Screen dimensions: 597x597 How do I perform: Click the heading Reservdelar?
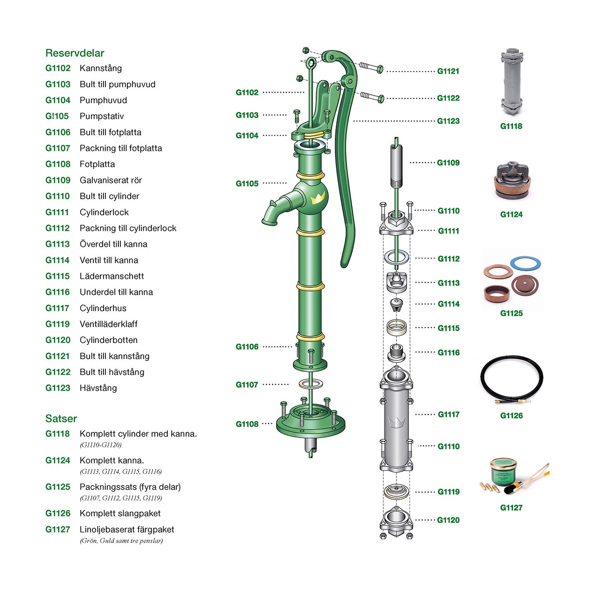75,53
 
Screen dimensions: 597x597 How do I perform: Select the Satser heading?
61,418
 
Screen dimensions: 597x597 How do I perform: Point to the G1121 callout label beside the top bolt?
448,71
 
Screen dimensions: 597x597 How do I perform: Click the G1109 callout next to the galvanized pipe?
448,163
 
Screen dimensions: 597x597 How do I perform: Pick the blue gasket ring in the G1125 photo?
526,263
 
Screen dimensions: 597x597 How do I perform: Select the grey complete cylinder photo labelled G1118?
512,82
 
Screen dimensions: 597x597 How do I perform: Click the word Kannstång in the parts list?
101,69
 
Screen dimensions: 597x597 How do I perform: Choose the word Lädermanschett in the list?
112,276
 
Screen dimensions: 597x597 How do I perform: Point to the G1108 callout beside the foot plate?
247,424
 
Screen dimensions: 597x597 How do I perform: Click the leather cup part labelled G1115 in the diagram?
396,327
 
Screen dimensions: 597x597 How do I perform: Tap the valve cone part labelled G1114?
396,305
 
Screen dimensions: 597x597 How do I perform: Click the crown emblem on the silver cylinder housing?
396,423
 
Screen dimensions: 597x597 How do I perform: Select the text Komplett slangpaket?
120,514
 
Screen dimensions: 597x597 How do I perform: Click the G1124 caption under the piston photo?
511,215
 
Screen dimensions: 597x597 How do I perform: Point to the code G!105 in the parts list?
57,116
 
